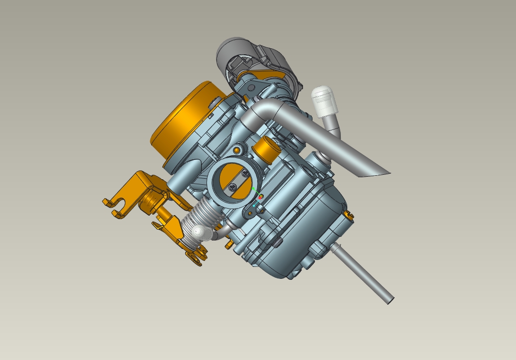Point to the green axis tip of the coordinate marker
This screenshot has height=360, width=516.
pos(253,189)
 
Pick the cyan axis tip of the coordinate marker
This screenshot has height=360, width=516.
pos(254,205)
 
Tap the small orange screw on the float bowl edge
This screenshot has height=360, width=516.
pos(349,215)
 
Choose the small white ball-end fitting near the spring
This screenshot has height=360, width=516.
pos(199,232)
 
